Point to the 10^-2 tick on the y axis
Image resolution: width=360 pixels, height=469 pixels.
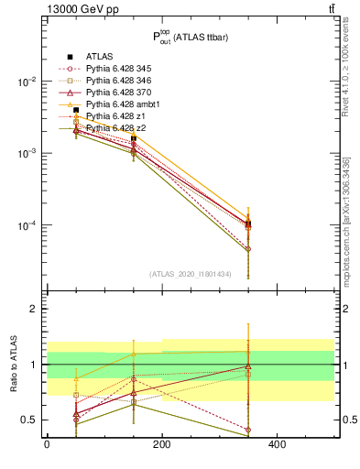(27, 82)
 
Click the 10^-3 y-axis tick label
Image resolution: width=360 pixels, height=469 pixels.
(27, 153)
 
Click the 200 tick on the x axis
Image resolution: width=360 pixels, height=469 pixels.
(161, 444)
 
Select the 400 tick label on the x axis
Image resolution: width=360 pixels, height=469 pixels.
(277, 444)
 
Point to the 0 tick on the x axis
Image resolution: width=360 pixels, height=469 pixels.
(47, 444)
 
